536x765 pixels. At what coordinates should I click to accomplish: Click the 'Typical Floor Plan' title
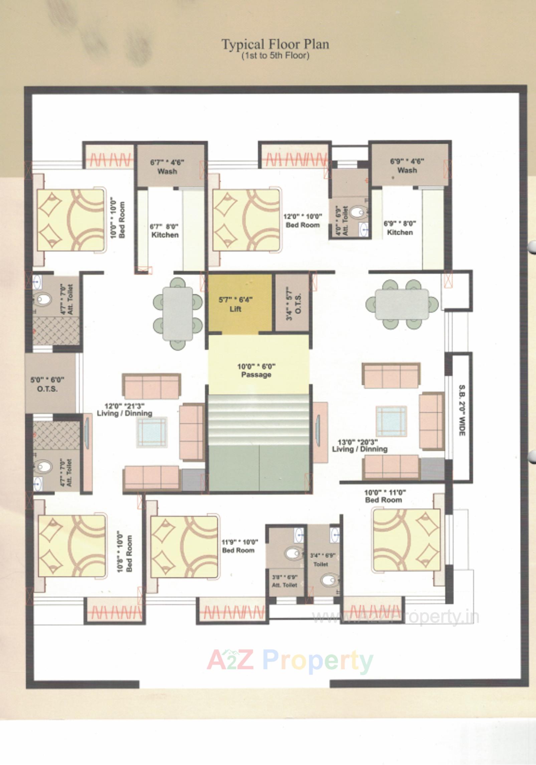tap(275, 44)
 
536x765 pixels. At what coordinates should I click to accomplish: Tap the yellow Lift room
tap(240, 303)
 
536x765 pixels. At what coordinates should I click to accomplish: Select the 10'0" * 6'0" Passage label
tap(256, 370)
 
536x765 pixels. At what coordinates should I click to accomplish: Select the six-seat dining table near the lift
tap(178, 313)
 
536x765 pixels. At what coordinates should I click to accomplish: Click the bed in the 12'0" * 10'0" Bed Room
tap(246, 220)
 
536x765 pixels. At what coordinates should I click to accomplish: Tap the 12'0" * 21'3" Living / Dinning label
tap(124, 410)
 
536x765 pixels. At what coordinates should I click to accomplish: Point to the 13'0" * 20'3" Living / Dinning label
tap(359, 446)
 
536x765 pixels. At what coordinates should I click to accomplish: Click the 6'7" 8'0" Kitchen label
tap(165, 231)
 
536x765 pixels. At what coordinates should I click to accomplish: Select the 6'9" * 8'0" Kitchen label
tap(400, 228)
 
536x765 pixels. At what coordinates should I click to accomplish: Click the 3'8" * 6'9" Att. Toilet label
tap(285, 581)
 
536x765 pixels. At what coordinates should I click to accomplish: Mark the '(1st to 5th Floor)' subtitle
tap(275, 55)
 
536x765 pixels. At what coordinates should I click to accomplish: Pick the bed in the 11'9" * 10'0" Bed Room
tap(184, 547)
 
